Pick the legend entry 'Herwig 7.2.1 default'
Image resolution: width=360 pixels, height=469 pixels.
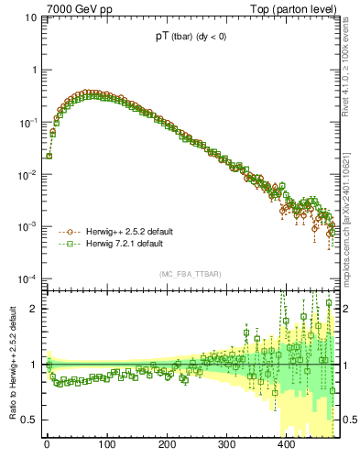click(x=124, y=245)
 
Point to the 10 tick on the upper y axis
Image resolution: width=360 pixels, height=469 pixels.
click(x=30, y=17)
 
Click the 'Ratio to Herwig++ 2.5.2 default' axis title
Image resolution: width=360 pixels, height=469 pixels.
click(x=11, y=363)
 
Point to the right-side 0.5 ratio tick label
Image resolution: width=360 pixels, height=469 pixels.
click(x=349, y=420)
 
